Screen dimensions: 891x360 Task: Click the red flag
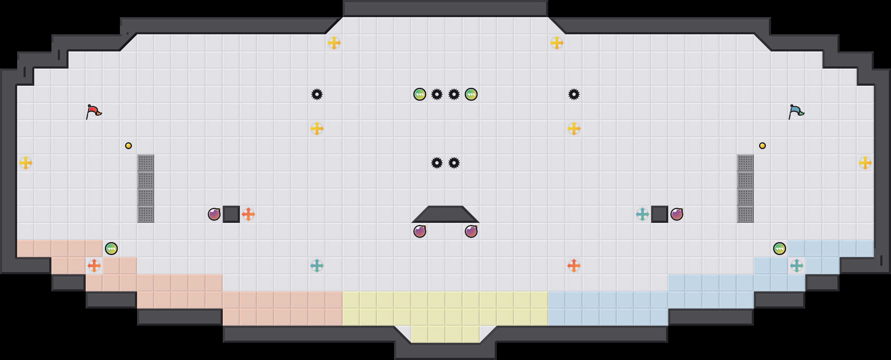tap(93, 111)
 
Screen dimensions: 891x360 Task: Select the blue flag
tap(796, 111)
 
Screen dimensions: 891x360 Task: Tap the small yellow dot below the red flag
tap(129, 146)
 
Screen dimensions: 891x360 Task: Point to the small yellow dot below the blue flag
tap(762, 146)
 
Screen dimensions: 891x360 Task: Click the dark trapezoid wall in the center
tap(445, 214)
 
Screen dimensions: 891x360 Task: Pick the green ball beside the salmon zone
tap(111, 249)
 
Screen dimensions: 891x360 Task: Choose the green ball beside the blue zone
tap(780, 249)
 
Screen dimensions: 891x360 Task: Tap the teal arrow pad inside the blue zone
tap(797, 266)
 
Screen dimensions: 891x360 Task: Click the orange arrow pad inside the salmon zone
tap(94, 266)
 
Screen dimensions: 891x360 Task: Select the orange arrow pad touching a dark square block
tap(248, 214)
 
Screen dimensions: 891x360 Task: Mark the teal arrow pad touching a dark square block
tap(643, 214)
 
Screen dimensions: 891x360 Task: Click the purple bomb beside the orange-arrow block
tap(214, 214)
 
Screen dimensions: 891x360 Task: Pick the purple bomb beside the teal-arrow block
tap(677, 214)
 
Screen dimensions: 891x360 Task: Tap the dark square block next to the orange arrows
tap(231, 214)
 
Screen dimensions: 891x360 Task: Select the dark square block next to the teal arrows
tap(660, 214)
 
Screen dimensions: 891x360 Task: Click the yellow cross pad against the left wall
tap(26, 163)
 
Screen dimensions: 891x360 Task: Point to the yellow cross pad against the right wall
tap(865, 163)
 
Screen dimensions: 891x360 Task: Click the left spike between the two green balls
tap(437, 94)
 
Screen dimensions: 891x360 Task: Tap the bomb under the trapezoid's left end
tap(420, 231)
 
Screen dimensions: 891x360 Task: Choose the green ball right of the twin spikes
tap(471, 94)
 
